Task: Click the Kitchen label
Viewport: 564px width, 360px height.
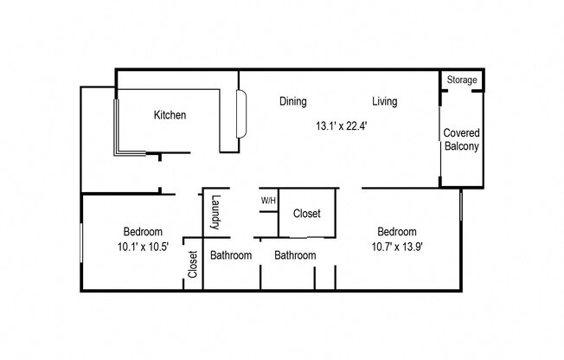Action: (x=170, y=115)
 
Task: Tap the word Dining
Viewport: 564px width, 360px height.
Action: (x=293, y=101)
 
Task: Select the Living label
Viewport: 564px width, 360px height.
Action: (x=385, y=101)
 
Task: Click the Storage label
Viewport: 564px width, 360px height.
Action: (x=462, y=80)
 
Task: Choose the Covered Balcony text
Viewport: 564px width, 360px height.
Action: (x=462, y=139)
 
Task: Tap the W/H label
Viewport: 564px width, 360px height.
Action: (x=268, y=201)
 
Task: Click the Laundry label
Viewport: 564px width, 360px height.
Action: (x=216, y=212)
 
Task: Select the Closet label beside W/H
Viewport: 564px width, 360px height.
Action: (x=307, y=213)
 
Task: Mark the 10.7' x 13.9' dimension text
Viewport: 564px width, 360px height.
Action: (x=396, y=247)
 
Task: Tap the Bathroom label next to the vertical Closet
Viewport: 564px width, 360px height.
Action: (x=231, y=255)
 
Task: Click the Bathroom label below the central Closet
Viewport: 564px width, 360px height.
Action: (x=295, y=255)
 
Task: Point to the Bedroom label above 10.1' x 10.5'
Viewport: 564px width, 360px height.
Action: (x=142, y=232)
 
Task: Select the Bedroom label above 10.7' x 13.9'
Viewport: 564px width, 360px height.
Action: (x=396, y=232)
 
